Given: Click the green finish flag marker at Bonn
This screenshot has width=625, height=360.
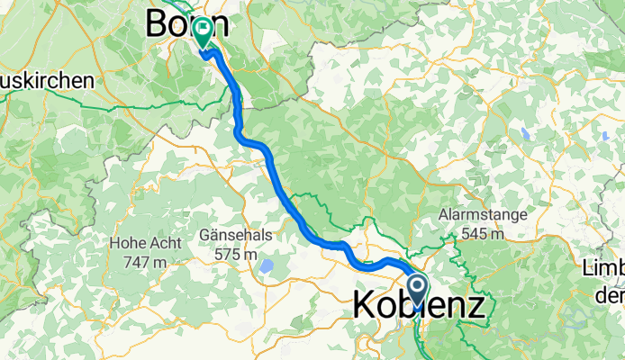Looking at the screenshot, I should click(x=202, y=32).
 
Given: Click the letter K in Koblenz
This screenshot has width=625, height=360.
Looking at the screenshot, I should click(x=365, y=304).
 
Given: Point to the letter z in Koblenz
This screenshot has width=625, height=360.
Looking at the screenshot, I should click(x=474, y=304).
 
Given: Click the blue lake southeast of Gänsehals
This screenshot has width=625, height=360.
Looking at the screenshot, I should click(x=267, y=266).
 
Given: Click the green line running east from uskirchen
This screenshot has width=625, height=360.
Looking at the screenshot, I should click(x=135, y=105).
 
